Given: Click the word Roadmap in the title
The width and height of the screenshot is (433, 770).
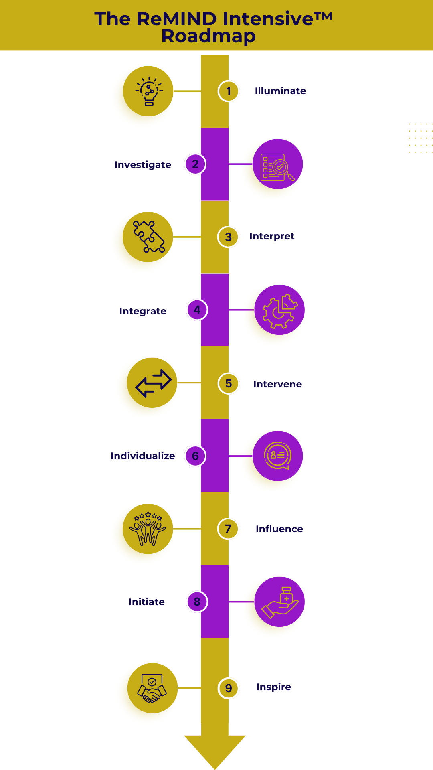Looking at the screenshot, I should pyautogui.click(x=208, y=36).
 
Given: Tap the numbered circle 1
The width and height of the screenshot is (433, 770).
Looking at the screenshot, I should pyautogui.click(x=229, y=91).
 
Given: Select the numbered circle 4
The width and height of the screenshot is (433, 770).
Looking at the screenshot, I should pyautogui.click(x=197, y=310).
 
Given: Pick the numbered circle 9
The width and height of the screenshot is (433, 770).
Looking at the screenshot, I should pyautogui.click(x=229, y=688).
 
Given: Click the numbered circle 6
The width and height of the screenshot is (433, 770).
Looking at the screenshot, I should pyautogui.click(x=195, y=456).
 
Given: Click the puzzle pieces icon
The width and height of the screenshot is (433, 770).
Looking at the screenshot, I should pyautogui.click(x=149, y=237).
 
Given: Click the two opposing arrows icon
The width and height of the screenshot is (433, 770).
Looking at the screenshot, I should pyautogui.click(x=153, y=383).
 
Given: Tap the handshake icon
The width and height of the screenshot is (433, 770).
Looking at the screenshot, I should pyautogui.click(x=152, y=688).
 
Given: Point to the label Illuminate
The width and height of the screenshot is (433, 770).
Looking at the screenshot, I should pyautogui.click(x=280, y=91).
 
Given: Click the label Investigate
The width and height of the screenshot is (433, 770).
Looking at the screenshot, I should pyautogui.click(x=143, y=165).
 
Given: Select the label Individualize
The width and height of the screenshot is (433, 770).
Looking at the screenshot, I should pyautogui.click(x=143, y=456).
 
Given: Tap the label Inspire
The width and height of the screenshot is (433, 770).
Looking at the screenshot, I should pyautogui.click(x=273, y=687).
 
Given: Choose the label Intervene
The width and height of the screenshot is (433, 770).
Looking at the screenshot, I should pyautogui.click(x=277, y=384).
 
